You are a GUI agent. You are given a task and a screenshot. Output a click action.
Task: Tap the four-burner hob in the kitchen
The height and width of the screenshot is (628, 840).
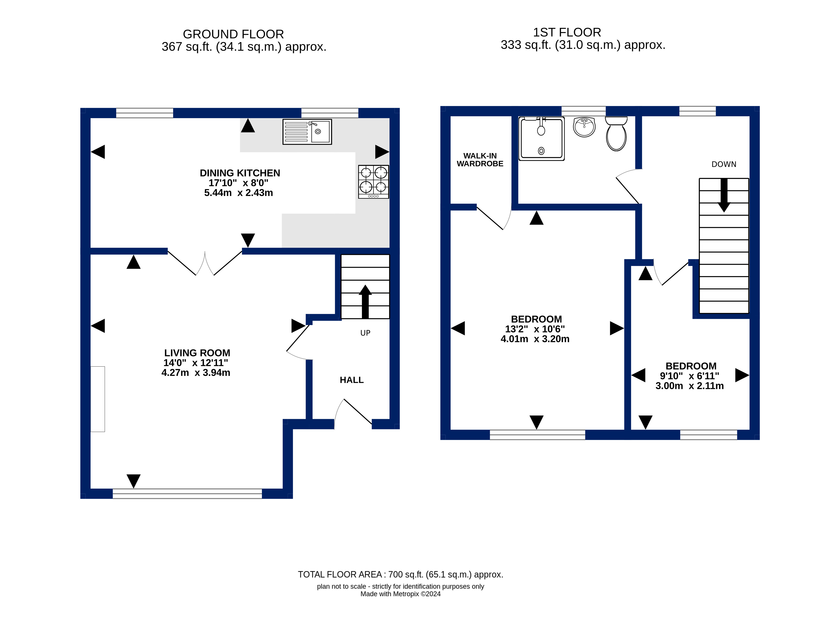click(373, 181)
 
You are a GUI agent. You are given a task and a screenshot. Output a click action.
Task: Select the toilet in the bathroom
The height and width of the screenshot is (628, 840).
click(616, 134)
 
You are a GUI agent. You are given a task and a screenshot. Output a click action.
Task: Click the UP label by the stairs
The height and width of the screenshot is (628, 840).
click(365, 333)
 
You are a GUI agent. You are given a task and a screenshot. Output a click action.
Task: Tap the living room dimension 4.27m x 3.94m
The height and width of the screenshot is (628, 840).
click(196, 373)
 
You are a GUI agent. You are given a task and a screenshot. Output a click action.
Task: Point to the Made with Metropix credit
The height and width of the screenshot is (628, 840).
click(400, 594)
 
